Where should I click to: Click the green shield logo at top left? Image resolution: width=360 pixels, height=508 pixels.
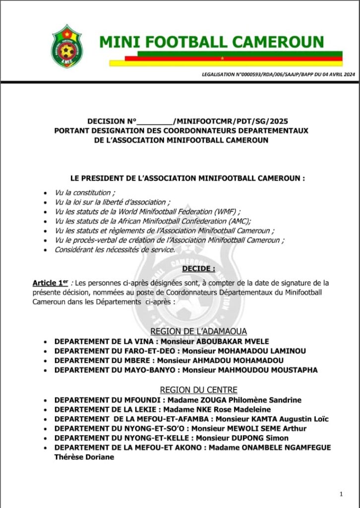click(x=67, y=46)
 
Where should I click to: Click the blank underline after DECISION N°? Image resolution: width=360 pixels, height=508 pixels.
click(x=154, y=121)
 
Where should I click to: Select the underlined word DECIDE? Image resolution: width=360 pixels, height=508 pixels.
click(x=198, y=269)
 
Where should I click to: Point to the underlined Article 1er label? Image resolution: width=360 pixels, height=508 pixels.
click(x=50, y=283)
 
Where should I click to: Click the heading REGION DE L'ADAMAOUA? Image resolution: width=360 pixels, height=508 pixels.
click(x=198, y=331)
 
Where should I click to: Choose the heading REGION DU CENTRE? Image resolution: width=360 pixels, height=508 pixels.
click(x=198, y=390)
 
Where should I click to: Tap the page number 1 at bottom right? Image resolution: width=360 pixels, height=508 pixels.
click(x=342, y=494)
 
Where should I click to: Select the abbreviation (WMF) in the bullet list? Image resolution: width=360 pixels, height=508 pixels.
click(x=224, y=212)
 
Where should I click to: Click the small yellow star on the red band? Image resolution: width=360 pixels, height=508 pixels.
click(x=222, y=58)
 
